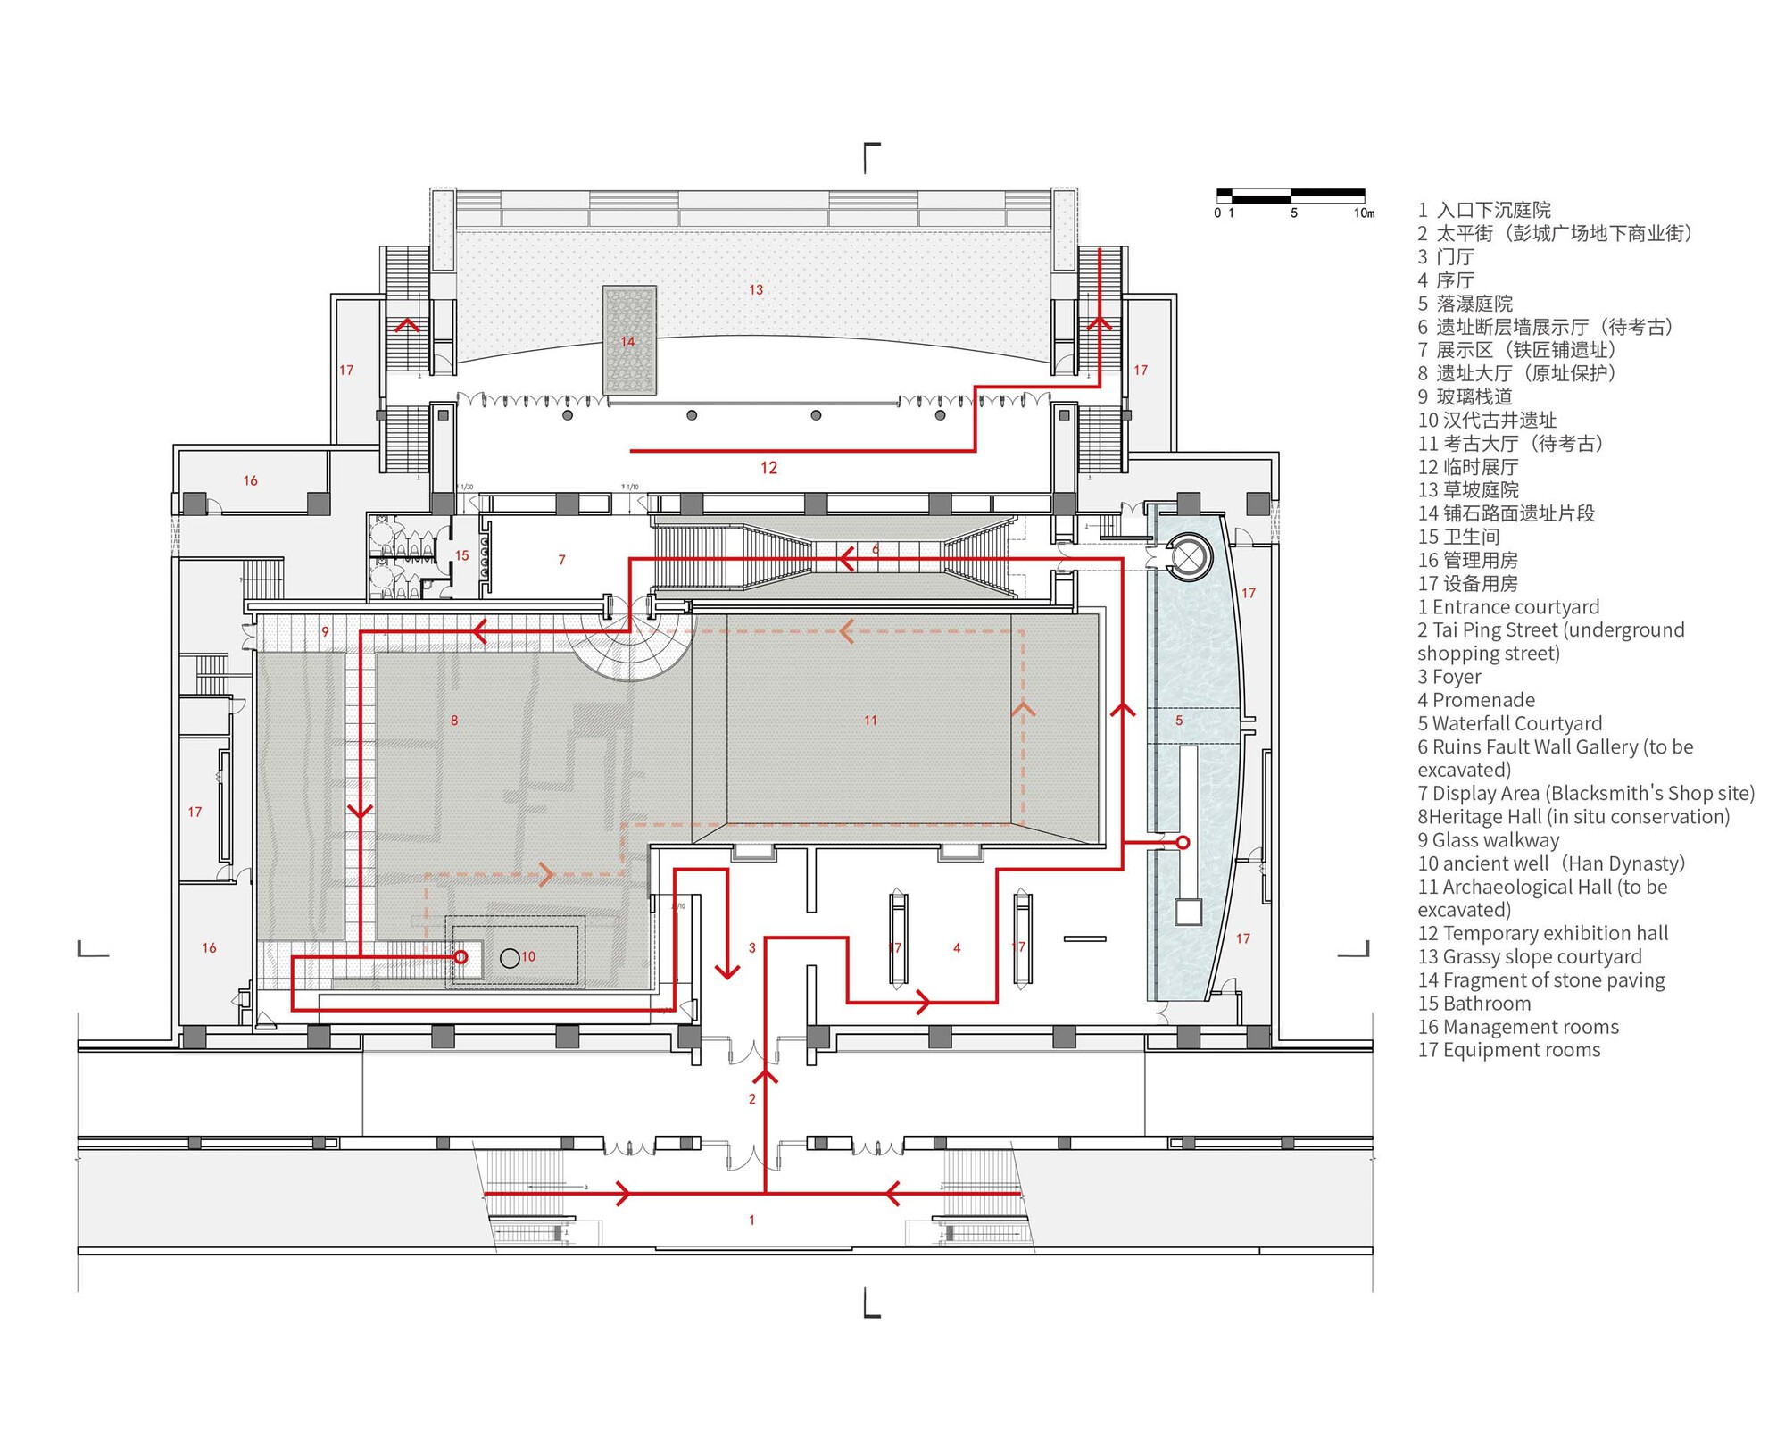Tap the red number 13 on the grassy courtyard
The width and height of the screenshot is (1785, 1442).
756,289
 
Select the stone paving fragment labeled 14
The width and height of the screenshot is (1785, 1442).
629,340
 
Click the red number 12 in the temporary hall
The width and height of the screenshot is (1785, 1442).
768,468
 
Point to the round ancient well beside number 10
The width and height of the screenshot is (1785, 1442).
510,958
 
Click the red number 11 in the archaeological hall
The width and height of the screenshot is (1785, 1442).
870,720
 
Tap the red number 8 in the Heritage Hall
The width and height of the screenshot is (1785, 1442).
454,720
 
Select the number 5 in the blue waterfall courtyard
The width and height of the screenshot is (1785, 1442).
1179,721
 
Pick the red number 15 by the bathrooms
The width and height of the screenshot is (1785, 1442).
461,555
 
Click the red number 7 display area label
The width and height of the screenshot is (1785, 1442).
561,560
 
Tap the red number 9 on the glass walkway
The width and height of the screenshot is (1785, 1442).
325,631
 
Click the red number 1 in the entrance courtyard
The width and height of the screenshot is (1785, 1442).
751,1220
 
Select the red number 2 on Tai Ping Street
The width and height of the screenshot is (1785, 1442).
751,1099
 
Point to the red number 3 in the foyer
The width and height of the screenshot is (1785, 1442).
752,947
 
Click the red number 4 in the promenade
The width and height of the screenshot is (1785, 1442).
957,947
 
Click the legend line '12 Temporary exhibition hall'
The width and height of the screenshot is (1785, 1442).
1542,933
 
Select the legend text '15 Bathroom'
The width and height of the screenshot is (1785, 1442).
1474,1004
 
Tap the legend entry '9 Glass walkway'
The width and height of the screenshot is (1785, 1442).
1488,840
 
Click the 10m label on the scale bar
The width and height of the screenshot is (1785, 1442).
1364,213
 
